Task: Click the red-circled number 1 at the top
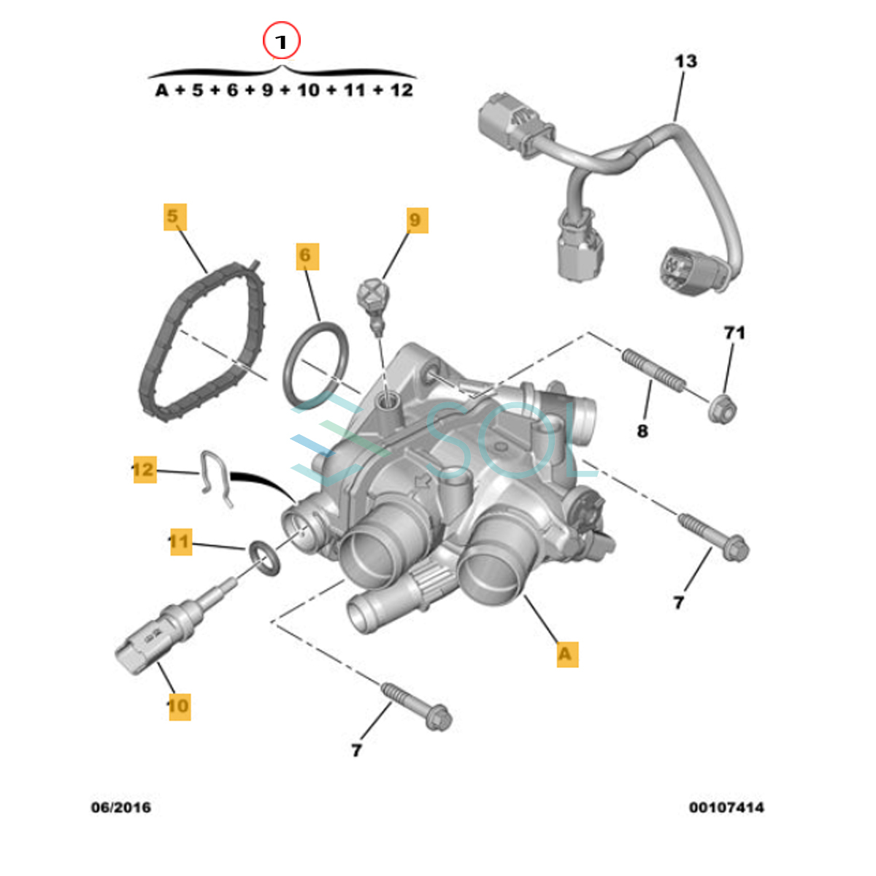(x=281, y=42)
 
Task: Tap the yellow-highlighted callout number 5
(x=174, y=217)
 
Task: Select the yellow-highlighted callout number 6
(x=307, y=255)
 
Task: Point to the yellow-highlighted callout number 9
(x=415, y=220)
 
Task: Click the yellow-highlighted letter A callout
(x=566, y=653)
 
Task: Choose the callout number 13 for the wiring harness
(x=685, y=61)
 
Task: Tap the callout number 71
(x=734, y=333)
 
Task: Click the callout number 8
(x=642, y=431)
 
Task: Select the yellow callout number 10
(x=178, y=706)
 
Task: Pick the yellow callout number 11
(x=180, y=542)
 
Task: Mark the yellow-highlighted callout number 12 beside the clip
(x=144, y=469)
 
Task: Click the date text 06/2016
(x=121, y=807)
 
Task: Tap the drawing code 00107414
(x=726, y=807)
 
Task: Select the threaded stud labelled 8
(x=653, y=370)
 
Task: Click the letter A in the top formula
(x=162, y=91)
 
